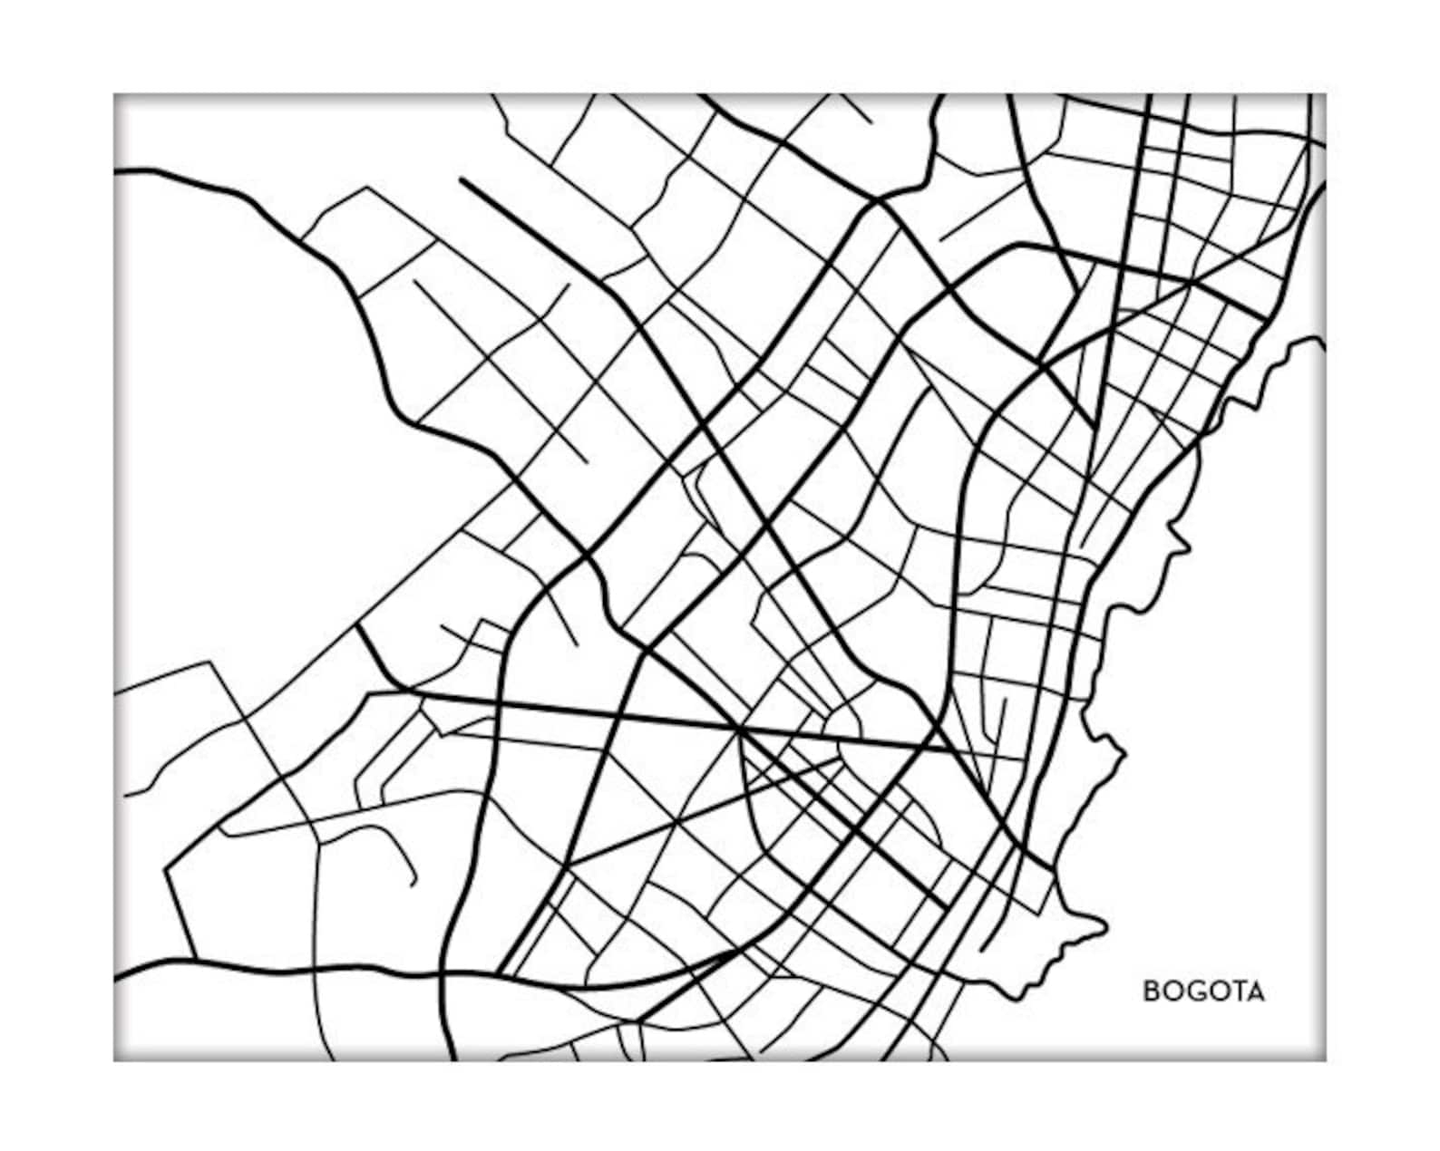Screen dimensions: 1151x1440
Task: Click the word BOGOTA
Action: click(x=1203, y=991)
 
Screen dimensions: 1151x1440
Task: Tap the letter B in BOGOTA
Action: click(x=1151, y=991)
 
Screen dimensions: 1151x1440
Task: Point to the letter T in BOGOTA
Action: click(x=1235, y=991)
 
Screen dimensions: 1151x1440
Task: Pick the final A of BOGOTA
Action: click(x=1255, y=991)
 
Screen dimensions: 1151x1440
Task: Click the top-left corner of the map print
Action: click(x=114, y=94)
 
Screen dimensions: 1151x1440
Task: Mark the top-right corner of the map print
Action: click(x=1325, y=94)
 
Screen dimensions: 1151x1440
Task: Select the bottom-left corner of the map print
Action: click(x=114, y=1060)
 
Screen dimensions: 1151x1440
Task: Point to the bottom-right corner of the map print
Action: click(x=1325, y=1060)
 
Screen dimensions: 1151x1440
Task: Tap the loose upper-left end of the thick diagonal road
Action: click(x=462, y=179)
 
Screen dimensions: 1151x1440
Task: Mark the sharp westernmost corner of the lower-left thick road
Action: click(x=165, y=870)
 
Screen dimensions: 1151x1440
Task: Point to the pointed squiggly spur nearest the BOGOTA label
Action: click(x=1105, y=925)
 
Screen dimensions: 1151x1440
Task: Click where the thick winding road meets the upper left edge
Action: click(x=116, y=170)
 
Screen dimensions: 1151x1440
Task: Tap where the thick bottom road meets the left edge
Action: click(x=116, y=979)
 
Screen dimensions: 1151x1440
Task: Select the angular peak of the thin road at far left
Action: click(x=211, y=663)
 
